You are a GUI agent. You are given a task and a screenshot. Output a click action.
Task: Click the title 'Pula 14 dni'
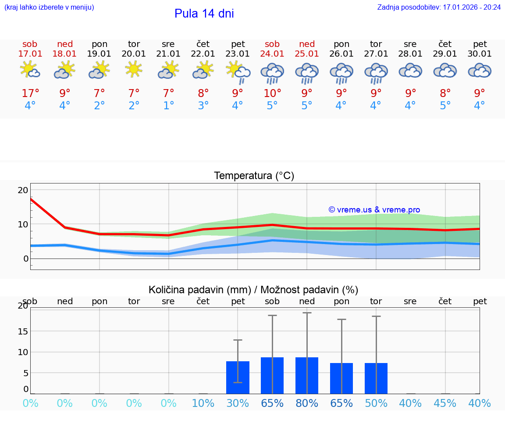(x=204, y=14)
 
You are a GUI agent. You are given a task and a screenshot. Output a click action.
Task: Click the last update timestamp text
(x=439, y=7)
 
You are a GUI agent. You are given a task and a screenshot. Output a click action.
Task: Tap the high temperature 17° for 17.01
(x=30, y=93)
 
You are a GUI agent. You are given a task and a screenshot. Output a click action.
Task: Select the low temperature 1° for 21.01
(x=168, y=106)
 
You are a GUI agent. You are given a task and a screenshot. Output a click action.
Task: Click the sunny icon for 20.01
(x=134, y=69)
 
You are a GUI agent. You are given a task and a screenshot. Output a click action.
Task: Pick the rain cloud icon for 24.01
(x=272, y=72)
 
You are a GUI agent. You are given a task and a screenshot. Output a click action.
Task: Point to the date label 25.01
(x=307, y=54)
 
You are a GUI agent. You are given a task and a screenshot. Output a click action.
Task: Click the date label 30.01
(x=480, y=54)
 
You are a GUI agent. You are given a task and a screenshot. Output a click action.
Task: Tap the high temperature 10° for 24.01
(x=272, y=93)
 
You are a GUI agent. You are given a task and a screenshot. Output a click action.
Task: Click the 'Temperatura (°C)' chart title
(x=254, y=176)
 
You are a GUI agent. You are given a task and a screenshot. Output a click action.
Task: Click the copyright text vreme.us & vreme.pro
(x=374, y=210)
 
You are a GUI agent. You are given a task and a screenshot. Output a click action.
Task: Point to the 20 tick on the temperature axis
(x=23, y=190)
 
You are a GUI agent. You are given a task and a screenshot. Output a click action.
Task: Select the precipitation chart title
(x=253, y=290)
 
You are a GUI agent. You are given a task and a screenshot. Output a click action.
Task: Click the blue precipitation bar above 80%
(x=307, y=375)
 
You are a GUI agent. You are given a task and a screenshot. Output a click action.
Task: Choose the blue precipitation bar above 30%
(x=238, y=378)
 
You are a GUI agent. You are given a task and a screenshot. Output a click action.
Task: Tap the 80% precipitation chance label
(x=307, y=403)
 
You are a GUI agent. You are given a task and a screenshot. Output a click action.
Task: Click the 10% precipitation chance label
(x=203, y=403)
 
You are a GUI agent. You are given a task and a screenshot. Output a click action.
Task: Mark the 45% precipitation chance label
(x=445, y=403)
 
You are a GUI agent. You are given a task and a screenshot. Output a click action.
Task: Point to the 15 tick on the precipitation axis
(x=23, y=331)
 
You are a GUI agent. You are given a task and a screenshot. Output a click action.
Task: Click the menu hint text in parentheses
(x=49, y=7)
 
